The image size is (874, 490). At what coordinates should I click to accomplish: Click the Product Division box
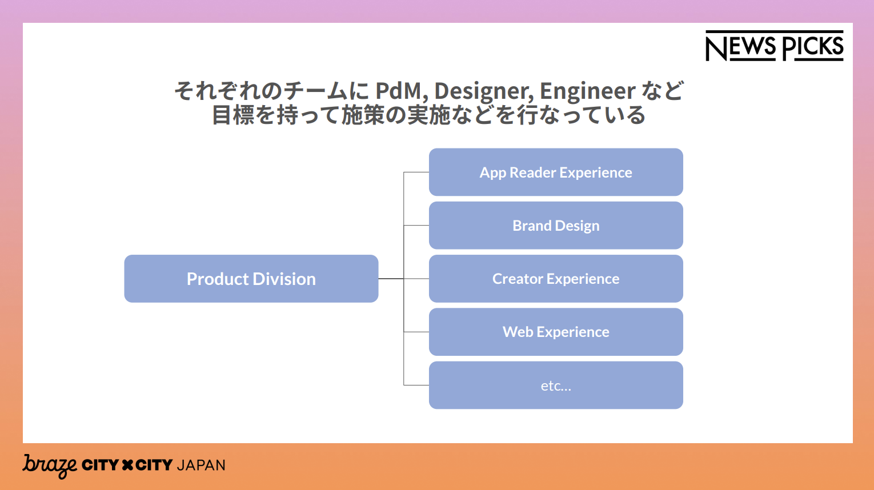[251, 279]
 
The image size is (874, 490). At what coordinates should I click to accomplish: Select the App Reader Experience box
[556, 172]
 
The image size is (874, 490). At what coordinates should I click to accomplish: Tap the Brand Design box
[556, 226]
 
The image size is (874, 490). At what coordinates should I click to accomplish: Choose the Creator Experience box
[556, 279]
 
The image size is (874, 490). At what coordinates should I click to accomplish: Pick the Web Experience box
[556, 332]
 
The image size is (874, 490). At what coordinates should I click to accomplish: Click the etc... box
[556, 385]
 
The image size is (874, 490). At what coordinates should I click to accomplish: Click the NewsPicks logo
[775, 46]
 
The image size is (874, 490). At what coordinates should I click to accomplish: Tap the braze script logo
[50, 466]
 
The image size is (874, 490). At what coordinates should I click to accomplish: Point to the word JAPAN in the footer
[201, 465]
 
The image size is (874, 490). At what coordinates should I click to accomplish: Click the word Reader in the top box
[532, 172]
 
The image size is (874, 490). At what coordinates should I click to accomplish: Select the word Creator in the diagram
[518, 279]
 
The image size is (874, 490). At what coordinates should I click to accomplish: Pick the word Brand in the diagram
[531, 226]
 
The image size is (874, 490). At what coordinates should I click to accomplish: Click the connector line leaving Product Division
[391, 279]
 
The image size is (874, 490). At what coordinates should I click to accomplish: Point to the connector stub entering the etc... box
[416, 385]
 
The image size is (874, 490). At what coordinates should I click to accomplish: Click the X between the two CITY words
[127, 465]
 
